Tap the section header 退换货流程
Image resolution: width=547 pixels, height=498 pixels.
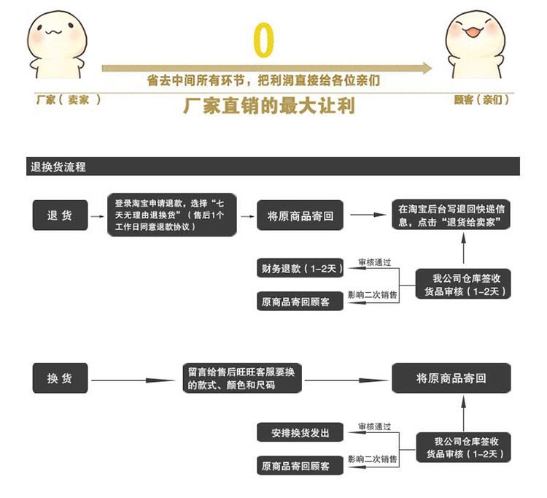coord(58,166)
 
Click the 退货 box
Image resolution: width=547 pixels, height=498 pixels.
coord(60,215)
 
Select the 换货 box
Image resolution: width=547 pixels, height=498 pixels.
coord(60,378)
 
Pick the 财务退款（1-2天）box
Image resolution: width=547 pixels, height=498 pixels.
coord(300,269)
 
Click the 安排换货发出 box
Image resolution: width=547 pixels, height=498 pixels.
coord(300,432)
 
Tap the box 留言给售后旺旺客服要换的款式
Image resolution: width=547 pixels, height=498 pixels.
coord(241,378)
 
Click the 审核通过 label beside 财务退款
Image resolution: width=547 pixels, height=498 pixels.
coord(374,262)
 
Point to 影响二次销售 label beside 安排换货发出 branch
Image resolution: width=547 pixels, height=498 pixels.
coord(373,459)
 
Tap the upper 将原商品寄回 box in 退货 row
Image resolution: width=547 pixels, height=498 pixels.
coord(300,216)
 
